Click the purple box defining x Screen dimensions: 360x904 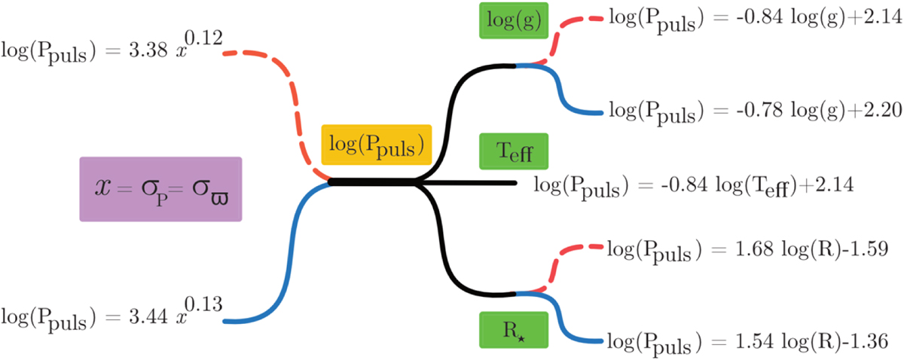click(x=160, y=189)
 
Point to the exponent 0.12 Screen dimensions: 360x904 click(x=200, y=38)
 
